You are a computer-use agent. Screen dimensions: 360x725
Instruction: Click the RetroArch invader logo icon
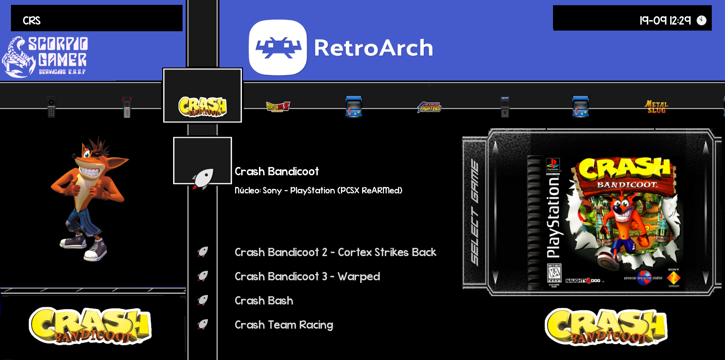click(x=278, y=48)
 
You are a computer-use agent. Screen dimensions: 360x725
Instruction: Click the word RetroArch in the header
click(x=373, y=48)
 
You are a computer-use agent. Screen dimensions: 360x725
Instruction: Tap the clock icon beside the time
click(x=702, y=20)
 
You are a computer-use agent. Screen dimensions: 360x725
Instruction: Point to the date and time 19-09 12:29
click(x=665, y=20)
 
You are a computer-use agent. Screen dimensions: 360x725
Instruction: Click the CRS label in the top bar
click(x=31, y=21)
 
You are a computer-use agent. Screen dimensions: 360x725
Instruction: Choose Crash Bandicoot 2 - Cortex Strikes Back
click(x=335, y=252)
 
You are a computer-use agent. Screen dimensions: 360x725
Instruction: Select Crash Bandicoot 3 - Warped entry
click(x=307, y=277)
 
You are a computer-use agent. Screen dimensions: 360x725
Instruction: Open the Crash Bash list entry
click(x=264, y=301)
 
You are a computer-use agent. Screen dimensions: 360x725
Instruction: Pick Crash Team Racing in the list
click(x=283, y=325)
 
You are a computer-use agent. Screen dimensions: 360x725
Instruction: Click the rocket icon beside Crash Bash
click(x=203, y=300)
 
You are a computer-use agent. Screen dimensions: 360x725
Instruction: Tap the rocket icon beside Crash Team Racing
click(x=203, y=324)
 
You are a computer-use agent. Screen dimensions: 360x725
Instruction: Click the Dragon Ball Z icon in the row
click(x=278, y=107)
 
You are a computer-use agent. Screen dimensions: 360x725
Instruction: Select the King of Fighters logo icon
click(x=429, y=107)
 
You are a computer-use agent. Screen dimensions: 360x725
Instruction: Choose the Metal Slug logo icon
click(x=656, y=107)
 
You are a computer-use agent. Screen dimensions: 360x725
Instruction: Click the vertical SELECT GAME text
click(x=475, y=212)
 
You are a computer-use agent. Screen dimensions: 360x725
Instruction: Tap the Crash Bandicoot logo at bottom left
click(x=90, y=326)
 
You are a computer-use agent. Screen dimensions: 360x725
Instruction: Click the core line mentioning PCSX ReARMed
click(x=318, y=190)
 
